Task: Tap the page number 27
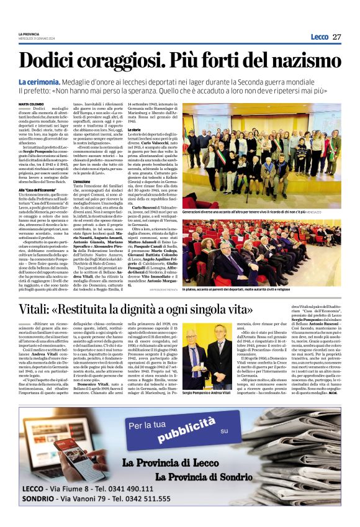[x=336, y=37]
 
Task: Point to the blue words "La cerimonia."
[x=39, y=82]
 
